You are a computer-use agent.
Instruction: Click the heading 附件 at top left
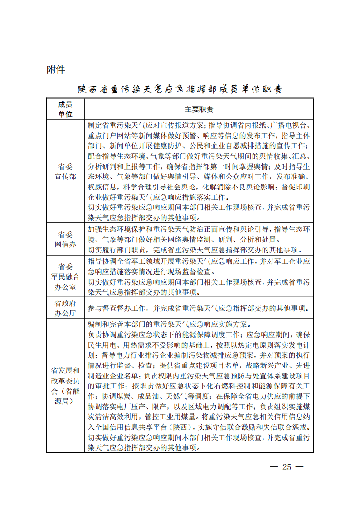tap(56, 70)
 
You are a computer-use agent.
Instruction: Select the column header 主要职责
tap(199, 110)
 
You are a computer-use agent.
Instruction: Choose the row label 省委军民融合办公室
tap(65, 276)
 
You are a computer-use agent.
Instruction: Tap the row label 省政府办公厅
tap(65, 308)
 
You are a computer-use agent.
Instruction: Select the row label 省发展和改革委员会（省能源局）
tap(65, 386)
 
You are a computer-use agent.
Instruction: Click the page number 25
tap(287, 467)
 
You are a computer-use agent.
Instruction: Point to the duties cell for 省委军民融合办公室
tap(199, 276)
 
